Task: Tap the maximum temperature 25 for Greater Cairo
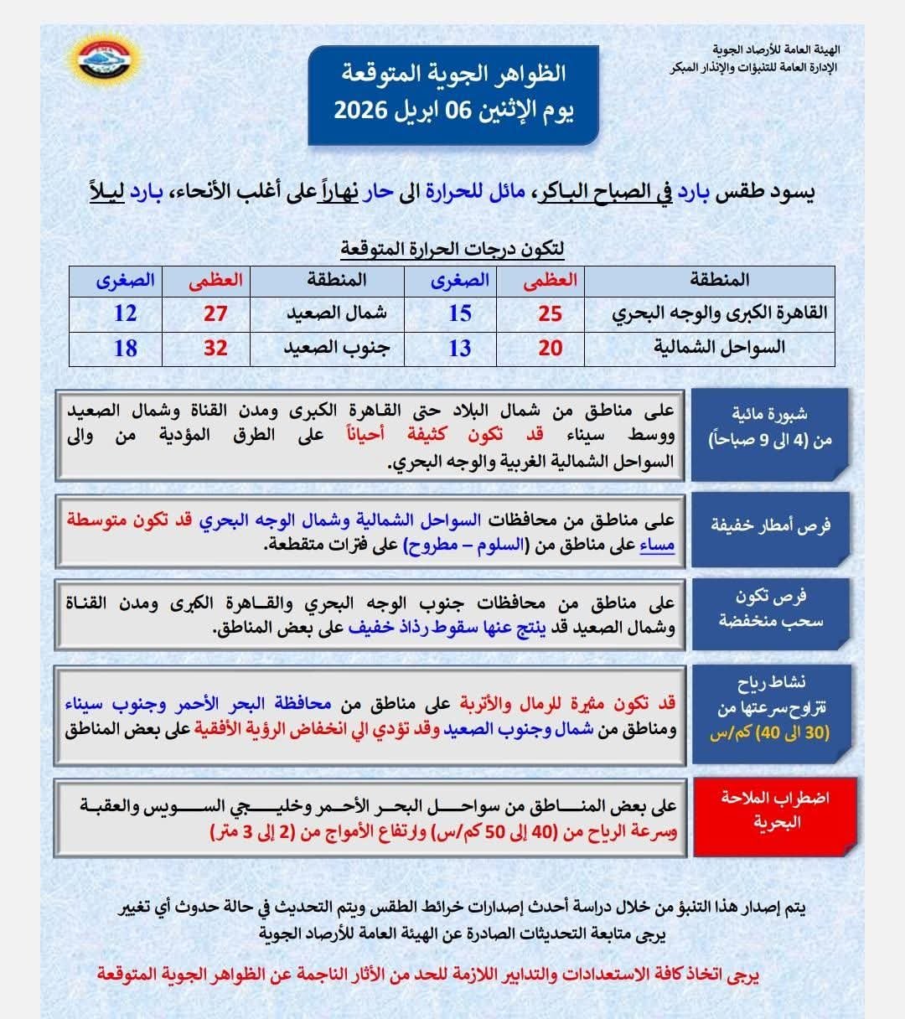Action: tap(550, 313)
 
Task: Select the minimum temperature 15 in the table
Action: tap(460, 313)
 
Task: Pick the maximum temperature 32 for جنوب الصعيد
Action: tap(215, 348)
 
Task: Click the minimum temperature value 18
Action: tap(125, 348)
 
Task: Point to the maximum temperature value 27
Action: tap(215, 313)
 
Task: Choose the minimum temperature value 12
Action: tap(125, 313)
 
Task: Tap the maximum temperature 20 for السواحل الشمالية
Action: tap(550, 348)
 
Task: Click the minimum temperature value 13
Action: tap(460, 348)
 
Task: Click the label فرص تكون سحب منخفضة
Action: tap(771, 608)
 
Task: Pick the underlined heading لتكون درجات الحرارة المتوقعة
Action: tap(452, 249)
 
